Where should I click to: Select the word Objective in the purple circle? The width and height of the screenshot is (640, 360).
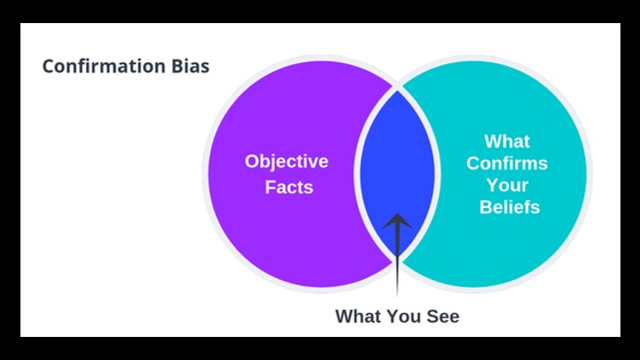point(286,162)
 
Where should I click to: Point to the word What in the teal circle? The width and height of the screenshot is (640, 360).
point(507,141)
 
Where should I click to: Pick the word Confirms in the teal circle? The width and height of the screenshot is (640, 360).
point(507,164)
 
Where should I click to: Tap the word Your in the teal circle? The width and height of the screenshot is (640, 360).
point(507,186)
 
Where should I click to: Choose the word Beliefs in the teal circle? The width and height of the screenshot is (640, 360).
point(507,207)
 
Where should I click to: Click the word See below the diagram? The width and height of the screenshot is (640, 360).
point(442,316)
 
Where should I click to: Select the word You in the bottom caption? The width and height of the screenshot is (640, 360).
point(403,316)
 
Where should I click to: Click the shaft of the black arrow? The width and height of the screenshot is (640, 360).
point(397,267)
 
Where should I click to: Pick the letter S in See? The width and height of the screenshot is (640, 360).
point(429,316)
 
